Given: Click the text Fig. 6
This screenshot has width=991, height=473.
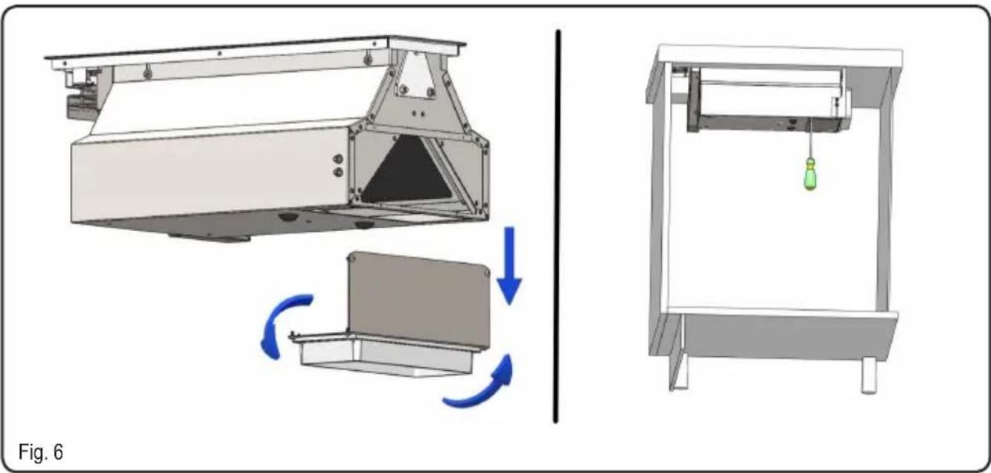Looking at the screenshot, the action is tap(41, 451).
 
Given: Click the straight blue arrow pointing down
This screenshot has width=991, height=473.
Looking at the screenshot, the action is tap(509, 265).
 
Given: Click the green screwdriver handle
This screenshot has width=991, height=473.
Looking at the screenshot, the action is tap(810, 174).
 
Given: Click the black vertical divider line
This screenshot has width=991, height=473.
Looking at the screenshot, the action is tap(557, 226).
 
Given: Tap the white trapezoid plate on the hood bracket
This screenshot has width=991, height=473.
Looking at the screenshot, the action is tap(416, 74).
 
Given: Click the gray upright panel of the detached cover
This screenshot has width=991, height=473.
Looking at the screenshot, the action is tap(419, 299).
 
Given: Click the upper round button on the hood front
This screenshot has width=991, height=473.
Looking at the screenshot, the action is tap(338, 159).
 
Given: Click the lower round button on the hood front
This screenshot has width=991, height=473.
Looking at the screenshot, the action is tap(338, 172).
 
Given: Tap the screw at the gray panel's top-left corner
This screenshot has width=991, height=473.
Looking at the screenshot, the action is tap(353, 258).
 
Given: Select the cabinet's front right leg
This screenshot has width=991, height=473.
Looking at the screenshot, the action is tap(870, 375).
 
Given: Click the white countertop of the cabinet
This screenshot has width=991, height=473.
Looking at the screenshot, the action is tap(779, 55).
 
